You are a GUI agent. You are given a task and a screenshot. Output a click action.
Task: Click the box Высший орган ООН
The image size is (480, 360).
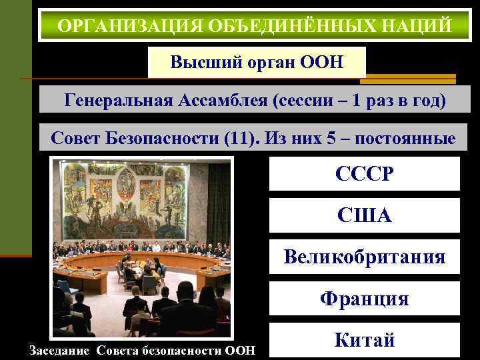click(x=257, y=63)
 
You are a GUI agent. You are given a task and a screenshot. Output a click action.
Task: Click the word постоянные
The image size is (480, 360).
click(x=405, y=139)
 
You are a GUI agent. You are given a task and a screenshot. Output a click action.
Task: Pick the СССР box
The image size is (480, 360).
click(x=364, y=175)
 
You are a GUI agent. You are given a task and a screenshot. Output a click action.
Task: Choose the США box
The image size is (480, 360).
click(x=364, y=215)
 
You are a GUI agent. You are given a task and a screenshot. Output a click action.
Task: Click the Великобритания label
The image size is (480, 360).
click(x=364, y=257)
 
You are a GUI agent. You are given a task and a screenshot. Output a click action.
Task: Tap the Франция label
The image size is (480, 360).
click(x=364, y=299)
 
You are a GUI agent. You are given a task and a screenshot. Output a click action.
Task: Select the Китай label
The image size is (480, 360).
click(x=364, y=340)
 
